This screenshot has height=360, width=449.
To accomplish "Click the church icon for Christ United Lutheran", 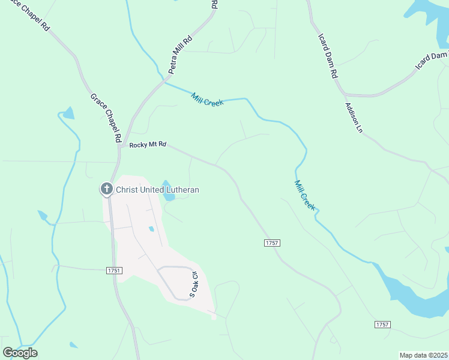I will (106, 190).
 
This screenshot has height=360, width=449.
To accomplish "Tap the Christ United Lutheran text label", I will (157, 190).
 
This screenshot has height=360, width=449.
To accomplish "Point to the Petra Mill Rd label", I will (180, 55).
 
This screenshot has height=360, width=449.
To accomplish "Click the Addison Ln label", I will (354, 117).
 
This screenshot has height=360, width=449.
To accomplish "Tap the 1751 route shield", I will (114, 271).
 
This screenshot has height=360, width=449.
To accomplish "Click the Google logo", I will (20, 353).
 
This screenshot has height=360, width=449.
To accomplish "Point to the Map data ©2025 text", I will (423, 355).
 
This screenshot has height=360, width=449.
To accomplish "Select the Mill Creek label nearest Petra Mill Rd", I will (207, 100).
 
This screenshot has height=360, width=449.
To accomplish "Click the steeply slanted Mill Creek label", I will (305, 194).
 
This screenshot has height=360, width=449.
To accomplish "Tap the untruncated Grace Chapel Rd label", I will (106, 118).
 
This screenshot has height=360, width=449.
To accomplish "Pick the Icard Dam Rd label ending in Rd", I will (328, 54).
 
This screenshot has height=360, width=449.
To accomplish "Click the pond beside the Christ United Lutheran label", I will (167, 190).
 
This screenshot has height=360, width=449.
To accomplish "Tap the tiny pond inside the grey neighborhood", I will (151, 229).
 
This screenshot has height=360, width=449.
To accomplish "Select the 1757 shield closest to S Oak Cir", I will (272, 242).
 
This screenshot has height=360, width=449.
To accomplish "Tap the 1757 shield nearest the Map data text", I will (382, 325).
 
